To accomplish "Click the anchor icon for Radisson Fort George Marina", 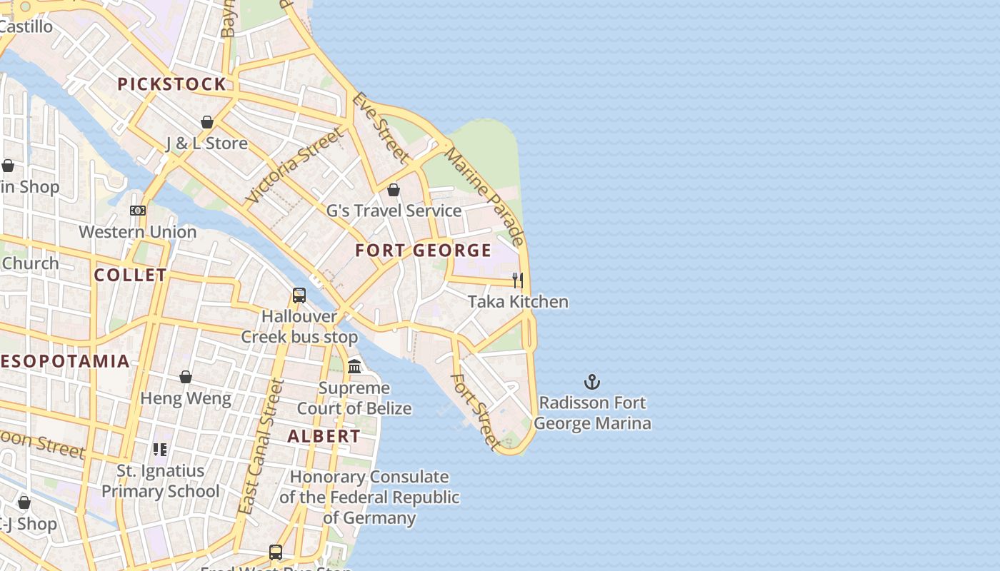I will tap(592, 382).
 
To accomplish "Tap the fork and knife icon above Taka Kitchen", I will tap(518, 280).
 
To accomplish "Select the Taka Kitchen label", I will tap(518, 301).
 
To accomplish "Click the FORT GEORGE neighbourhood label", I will tap(423, 251).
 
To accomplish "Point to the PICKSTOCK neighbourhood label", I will tap(171, 84).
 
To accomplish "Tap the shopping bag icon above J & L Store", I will tap(207, 122).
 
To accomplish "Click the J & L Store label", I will tap(206, 143).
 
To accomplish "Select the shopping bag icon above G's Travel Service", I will tap(394, 190).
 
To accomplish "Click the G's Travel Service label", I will tap(394, 211).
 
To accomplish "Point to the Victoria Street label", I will tap(294, 166).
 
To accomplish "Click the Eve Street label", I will tap(381, 128).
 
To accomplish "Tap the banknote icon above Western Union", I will tap(138, 211).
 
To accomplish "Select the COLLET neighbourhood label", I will tap(131, 275).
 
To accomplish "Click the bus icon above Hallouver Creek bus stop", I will tap(299, 295).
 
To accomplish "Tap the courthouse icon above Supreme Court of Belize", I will tap(354, 367).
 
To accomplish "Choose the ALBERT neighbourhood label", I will tap(324, 436).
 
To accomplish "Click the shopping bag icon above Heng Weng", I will tap(186, 377).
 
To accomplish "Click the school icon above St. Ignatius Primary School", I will tap(161, 450).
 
